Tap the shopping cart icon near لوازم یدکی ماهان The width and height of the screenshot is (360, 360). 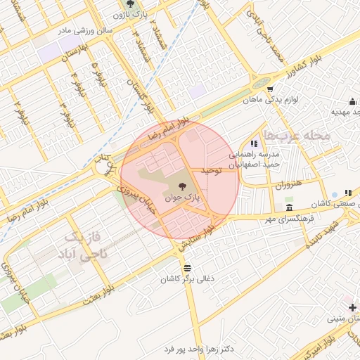(270, 89)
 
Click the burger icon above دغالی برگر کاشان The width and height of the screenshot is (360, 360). (187, 268)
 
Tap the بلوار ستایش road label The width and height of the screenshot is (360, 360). (197, 239)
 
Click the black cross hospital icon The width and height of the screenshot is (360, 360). (352, 308)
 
